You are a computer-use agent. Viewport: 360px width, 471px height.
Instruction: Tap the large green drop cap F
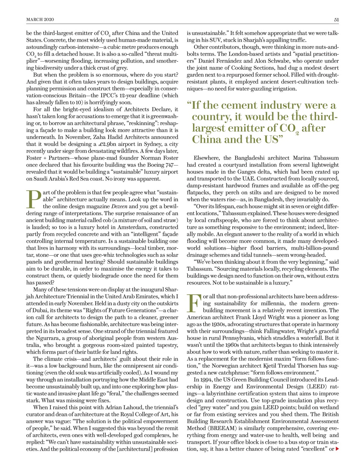193,303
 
